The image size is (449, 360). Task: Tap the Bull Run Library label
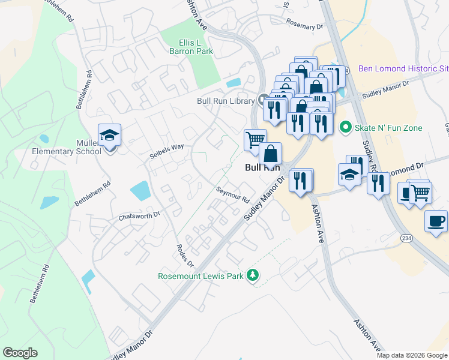[x=226, y=101]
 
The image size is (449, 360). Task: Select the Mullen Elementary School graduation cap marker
[x=110, y=136]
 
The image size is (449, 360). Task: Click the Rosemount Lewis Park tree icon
[x=254, y=275]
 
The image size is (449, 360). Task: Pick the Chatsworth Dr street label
[x=140, y=214]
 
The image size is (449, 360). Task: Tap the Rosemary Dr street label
[x=304, y=26]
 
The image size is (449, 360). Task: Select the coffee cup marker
[x=436, y=221]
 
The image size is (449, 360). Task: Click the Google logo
[x=20, y=353]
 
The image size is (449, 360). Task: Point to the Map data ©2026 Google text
[x=412, y=355]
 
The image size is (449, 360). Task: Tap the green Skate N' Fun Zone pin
[x=345, y=127]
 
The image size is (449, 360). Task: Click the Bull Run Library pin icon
[x=262, y=100]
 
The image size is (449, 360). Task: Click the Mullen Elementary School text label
[x=67, y=148]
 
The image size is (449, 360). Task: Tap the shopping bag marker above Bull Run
[x=271, y=154]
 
